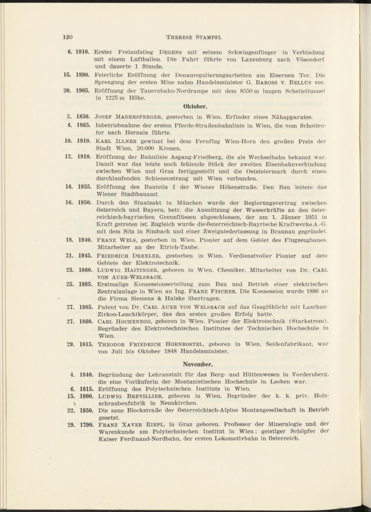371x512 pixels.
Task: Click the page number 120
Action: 67,37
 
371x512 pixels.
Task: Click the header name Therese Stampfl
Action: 194,37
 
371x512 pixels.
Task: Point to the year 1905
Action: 83,91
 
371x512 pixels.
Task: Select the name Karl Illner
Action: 117,141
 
